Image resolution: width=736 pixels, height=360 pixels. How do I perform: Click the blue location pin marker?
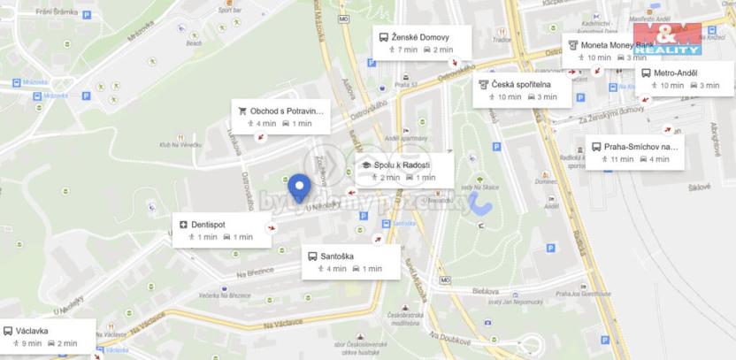(302, 188)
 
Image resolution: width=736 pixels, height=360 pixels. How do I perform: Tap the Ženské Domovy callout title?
(421, 38)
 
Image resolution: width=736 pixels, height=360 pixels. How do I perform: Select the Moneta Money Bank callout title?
(617, 44)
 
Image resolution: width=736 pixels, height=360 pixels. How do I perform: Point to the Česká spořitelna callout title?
(522, 84)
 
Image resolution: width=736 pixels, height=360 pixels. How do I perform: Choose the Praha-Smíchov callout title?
(641, 147)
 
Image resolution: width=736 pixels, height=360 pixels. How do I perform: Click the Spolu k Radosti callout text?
(402, 165)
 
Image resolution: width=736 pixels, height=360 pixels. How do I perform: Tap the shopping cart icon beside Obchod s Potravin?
(241, 111)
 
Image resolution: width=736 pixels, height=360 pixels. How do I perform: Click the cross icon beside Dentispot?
(184, 225)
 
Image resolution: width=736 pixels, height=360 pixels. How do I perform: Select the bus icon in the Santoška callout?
(313, 257)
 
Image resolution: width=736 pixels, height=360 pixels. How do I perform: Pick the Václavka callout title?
(32, 332)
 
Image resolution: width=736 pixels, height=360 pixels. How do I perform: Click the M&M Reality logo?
(667, 37)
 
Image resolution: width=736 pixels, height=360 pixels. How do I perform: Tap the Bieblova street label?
(486, 290)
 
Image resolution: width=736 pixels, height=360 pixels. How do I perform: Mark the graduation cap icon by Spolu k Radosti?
(365, 165)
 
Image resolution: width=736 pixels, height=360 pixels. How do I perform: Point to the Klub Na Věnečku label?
(181, 144)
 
